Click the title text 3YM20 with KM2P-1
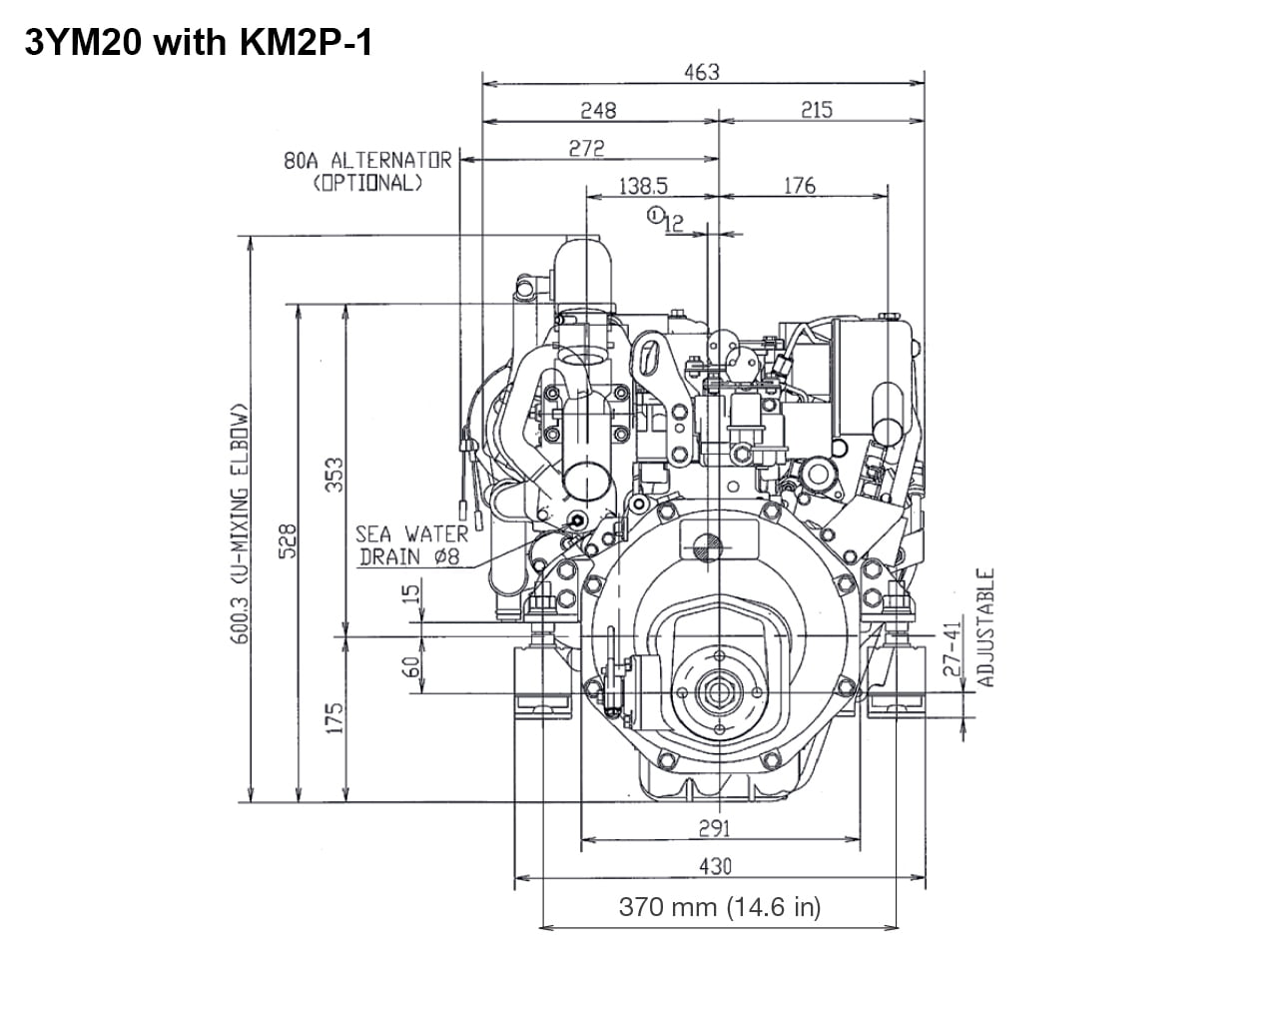(x=198, y=43)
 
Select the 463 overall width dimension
(x=702, y=72)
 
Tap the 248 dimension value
(x=598, y=110)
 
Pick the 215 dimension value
(x=816, y=110)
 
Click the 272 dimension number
(x=586, y=148)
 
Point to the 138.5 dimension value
(x=643, y=186)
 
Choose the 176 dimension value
(x=799, y=186)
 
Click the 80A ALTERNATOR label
(x=367, y=160)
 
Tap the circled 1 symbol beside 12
(x=655, y=214)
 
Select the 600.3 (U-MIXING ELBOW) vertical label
(x=240, y=523)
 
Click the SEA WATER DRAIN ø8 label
(x=410, y=545)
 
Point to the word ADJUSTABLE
(x=985, y=627)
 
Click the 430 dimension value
(x=715, y=866)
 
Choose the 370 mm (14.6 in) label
(x=719, y=907)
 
